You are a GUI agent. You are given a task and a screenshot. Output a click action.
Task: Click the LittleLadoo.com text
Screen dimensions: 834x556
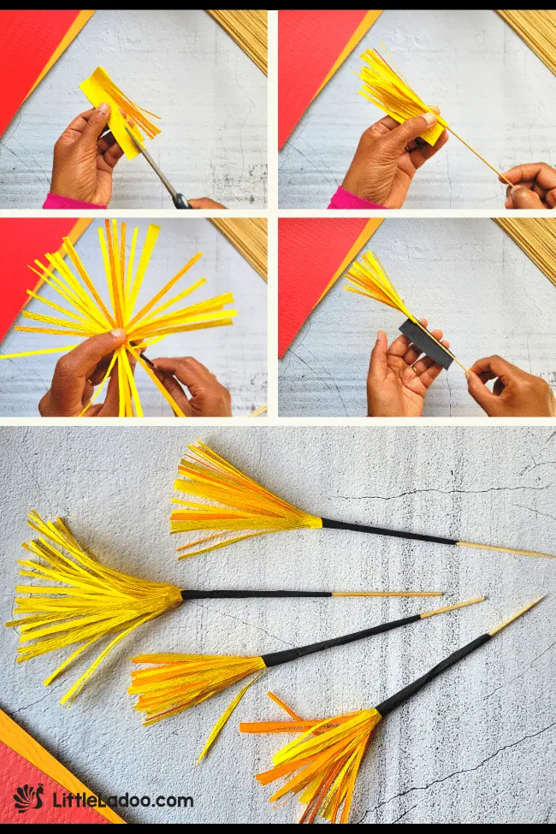[122, 801]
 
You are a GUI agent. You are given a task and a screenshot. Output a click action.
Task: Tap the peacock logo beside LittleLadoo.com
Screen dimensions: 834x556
[29, 800]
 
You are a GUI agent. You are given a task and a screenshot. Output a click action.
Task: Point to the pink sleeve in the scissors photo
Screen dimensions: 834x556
[73, 202]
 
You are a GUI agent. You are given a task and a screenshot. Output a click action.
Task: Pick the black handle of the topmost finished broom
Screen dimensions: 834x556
[389, 531]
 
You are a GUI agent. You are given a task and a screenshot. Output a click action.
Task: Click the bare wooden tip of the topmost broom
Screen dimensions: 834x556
[505, 548]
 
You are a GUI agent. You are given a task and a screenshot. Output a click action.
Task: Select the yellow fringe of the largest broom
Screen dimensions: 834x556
[86, 599]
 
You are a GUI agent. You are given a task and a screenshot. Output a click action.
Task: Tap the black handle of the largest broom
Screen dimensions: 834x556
[257, 594]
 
